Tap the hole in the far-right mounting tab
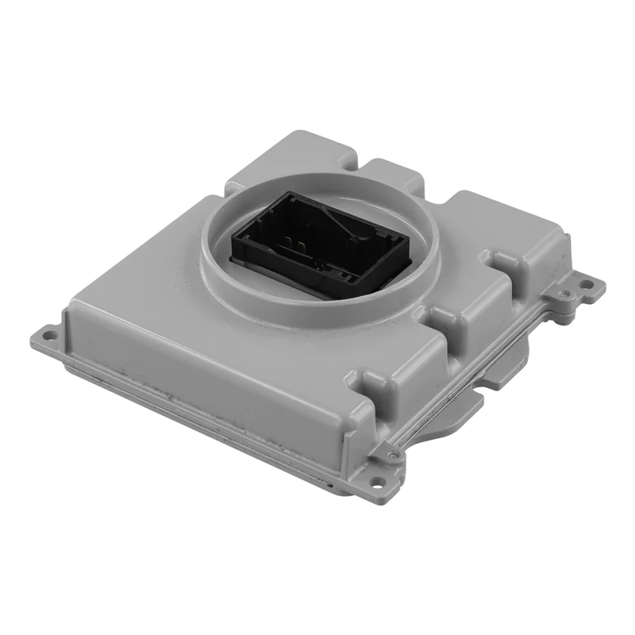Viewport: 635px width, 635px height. pos(588,284)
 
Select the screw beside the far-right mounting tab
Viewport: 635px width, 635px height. pos(564,294)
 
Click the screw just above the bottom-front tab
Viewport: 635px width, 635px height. pos(393,455)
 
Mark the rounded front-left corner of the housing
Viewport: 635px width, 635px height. pos(75,306)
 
